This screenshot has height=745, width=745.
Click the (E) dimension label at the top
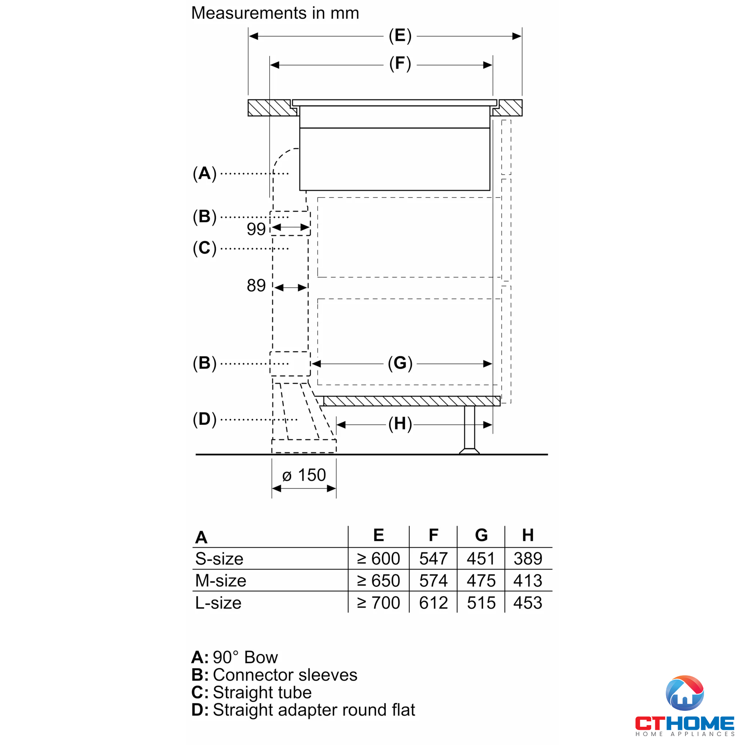coord(400,36)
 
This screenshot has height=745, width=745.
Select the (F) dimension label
coord(400,64)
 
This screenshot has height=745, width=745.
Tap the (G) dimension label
coord(400,363)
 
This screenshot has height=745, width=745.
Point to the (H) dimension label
coord(400,424)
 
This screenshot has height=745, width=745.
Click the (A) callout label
coord(205,174)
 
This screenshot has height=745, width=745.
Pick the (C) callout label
coord(205,248)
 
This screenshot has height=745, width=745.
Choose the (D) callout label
coord(205,419)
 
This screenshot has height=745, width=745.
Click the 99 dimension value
coord(256,229)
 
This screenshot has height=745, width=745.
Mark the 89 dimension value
coord(256,286)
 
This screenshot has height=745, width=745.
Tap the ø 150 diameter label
coord(304,475)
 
